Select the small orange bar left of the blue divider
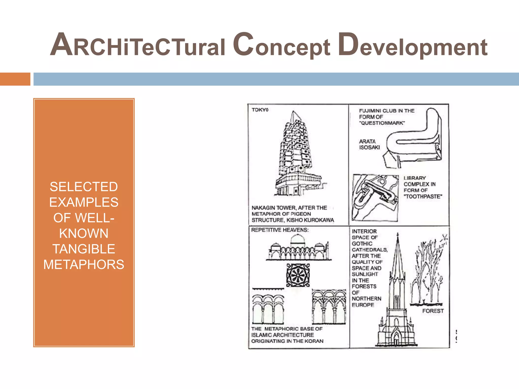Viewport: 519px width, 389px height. [x=15, y=79]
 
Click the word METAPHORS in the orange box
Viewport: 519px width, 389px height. [x=84, y=265]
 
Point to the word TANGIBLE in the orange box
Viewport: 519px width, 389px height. [x=84, y=249]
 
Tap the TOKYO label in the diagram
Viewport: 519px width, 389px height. [x=260, y=110]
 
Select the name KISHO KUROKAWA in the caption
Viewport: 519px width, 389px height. [x=310, y=220]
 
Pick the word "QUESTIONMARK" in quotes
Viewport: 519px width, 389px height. [x=382, y=123]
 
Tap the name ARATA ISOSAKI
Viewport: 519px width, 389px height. [x=369, y=144]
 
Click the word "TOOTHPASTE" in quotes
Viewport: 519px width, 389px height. [x=423, y=197]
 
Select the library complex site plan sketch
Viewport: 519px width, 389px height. [x=375, y=198]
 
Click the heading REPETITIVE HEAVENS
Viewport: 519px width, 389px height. [x=280, y=230]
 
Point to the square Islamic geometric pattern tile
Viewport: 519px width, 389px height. [x=298, y=275]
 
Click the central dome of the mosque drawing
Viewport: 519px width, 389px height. [x=298, y=239]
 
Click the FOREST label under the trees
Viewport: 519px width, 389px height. [x=433, y=311]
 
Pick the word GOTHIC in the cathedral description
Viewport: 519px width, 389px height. [x=362, y=244]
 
